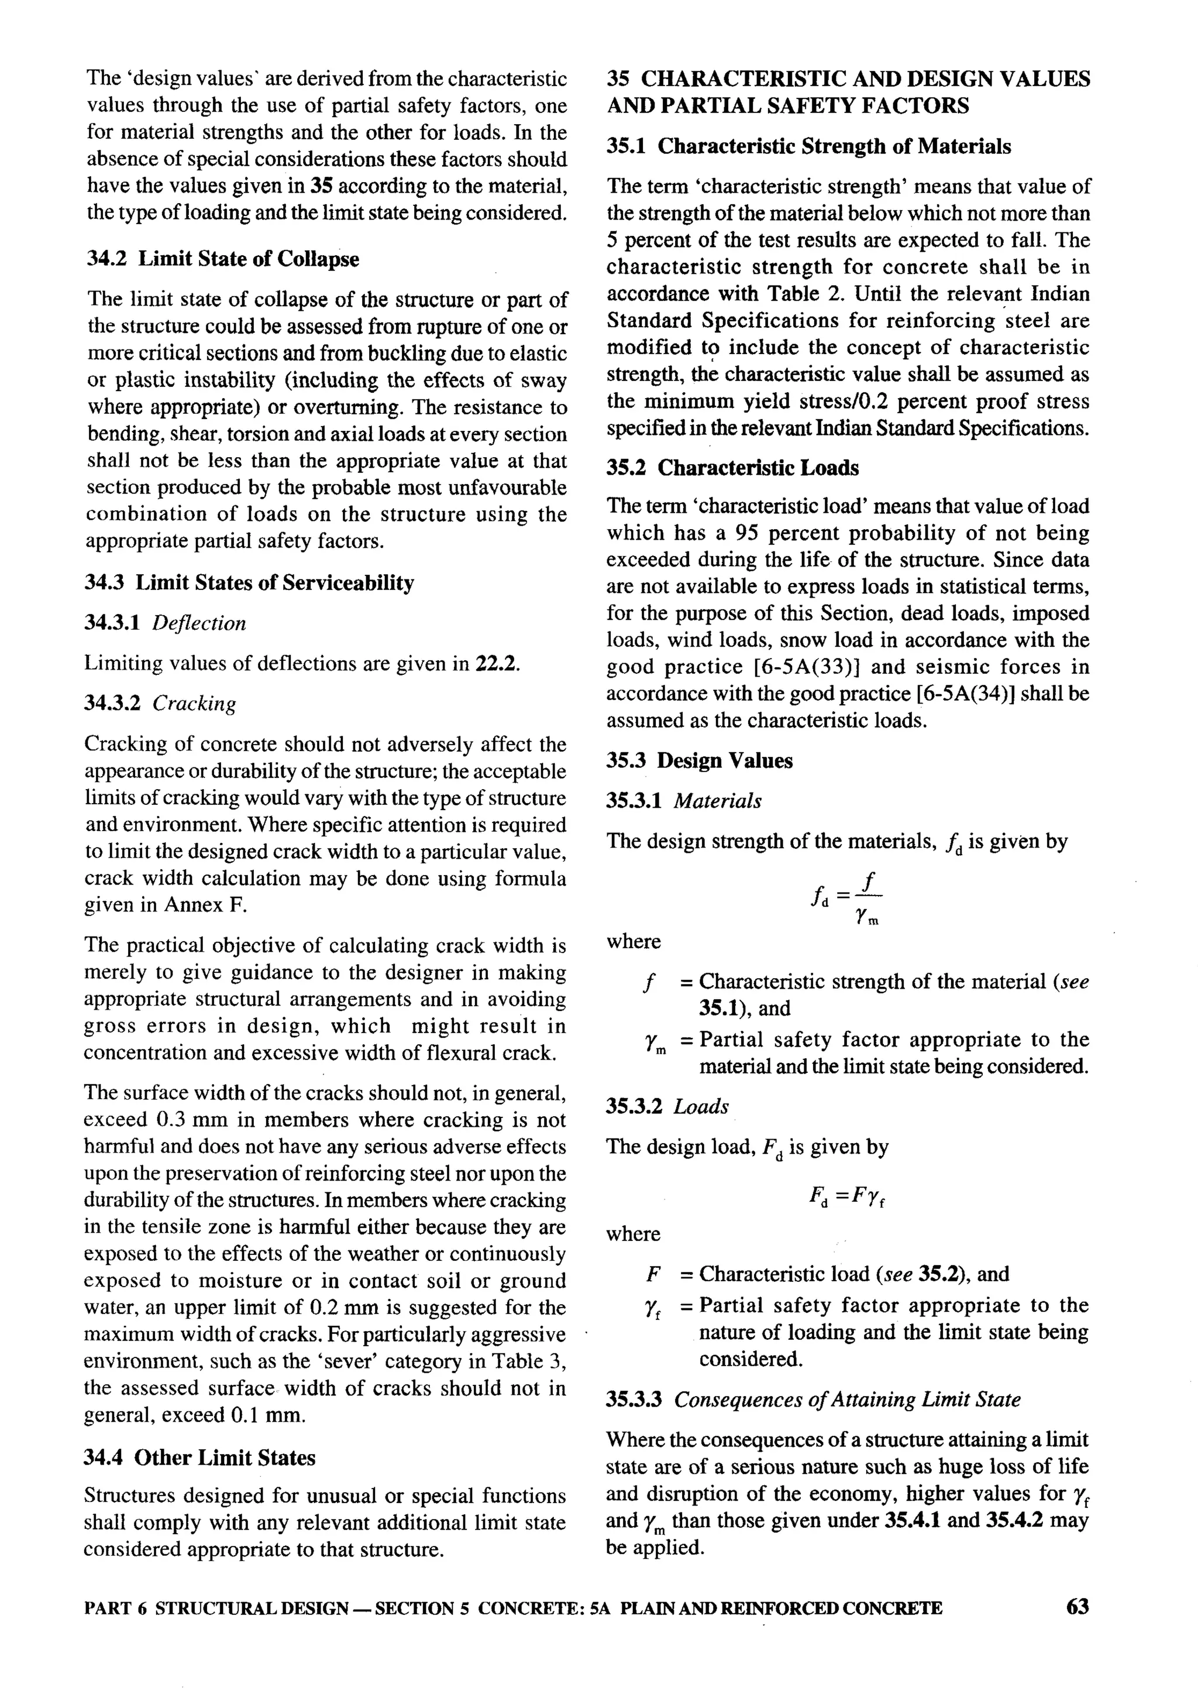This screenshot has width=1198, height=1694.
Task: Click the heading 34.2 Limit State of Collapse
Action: (x=223, y=259)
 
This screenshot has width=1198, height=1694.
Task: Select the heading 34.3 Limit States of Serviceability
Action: (x=249, y=583)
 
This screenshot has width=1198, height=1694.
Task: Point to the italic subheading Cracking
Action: (x=194, y=704)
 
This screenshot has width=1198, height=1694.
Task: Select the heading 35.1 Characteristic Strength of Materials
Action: (x=808, y=147)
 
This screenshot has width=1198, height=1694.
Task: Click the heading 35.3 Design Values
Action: (x=700, y=761)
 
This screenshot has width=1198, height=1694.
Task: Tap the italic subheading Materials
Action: (x=717, y=801)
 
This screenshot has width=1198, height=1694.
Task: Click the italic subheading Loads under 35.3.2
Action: (x=701, y=1106)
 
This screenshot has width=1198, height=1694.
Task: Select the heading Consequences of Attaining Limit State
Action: (x=847, y=1400)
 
